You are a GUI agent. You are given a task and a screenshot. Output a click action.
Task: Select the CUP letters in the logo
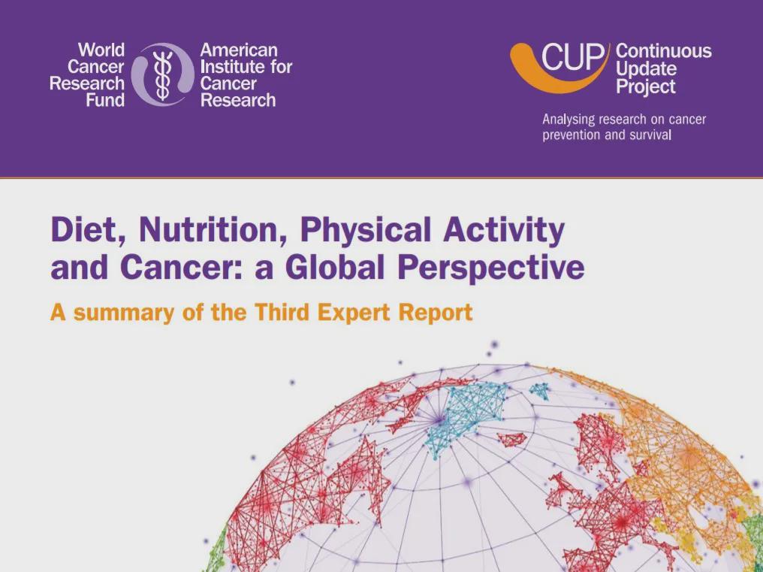[x=575, y=58]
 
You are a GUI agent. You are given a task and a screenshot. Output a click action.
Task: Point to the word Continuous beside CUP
[x=664, y=50]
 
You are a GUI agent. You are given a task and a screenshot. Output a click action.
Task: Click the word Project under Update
[x=646, y=86]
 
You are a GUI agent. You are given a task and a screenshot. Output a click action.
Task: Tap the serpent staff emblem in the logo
[x=162, y=75]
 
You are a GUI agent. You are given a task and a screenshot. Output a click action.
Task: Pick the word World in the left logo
[x=101, y=50]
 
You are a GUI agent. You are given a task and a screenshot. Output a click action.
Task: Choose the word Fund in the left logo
[x=105, y=100]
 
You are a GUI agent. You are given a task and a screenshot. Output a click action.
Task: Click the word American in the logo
[x=239, y=50]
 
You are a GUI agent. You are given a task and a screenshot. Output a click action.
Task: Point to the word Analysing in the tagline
[x=568, y=120]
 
